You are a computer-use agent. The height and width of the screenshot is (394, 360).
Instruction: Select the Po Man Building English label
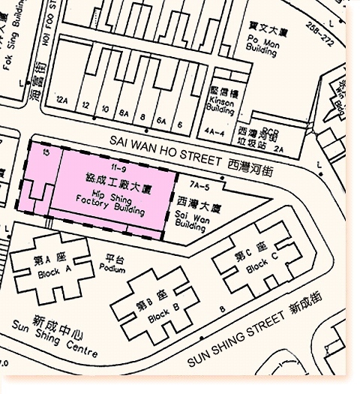pos(262,44)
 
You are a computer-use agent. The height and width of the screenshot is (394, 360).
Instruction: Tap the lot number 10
pos(105,107)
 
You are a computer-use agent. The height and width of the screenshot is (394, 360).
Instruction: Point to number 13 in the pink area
pos(46,152)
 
